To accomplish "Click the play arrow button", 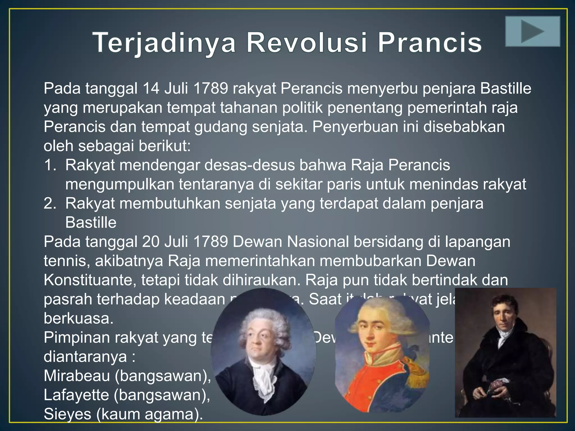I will coord(532,31).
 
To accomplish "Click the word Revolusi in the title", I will coord(307,43).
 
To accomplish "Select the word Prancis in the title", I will coord(430,43).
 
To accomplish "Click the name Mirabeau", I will coord(77,375).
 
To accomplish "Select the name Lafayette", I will coord(76,395).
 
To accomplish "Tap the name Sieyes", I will coord(67,414).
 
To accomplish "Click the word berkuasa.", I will coord(78,318).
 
